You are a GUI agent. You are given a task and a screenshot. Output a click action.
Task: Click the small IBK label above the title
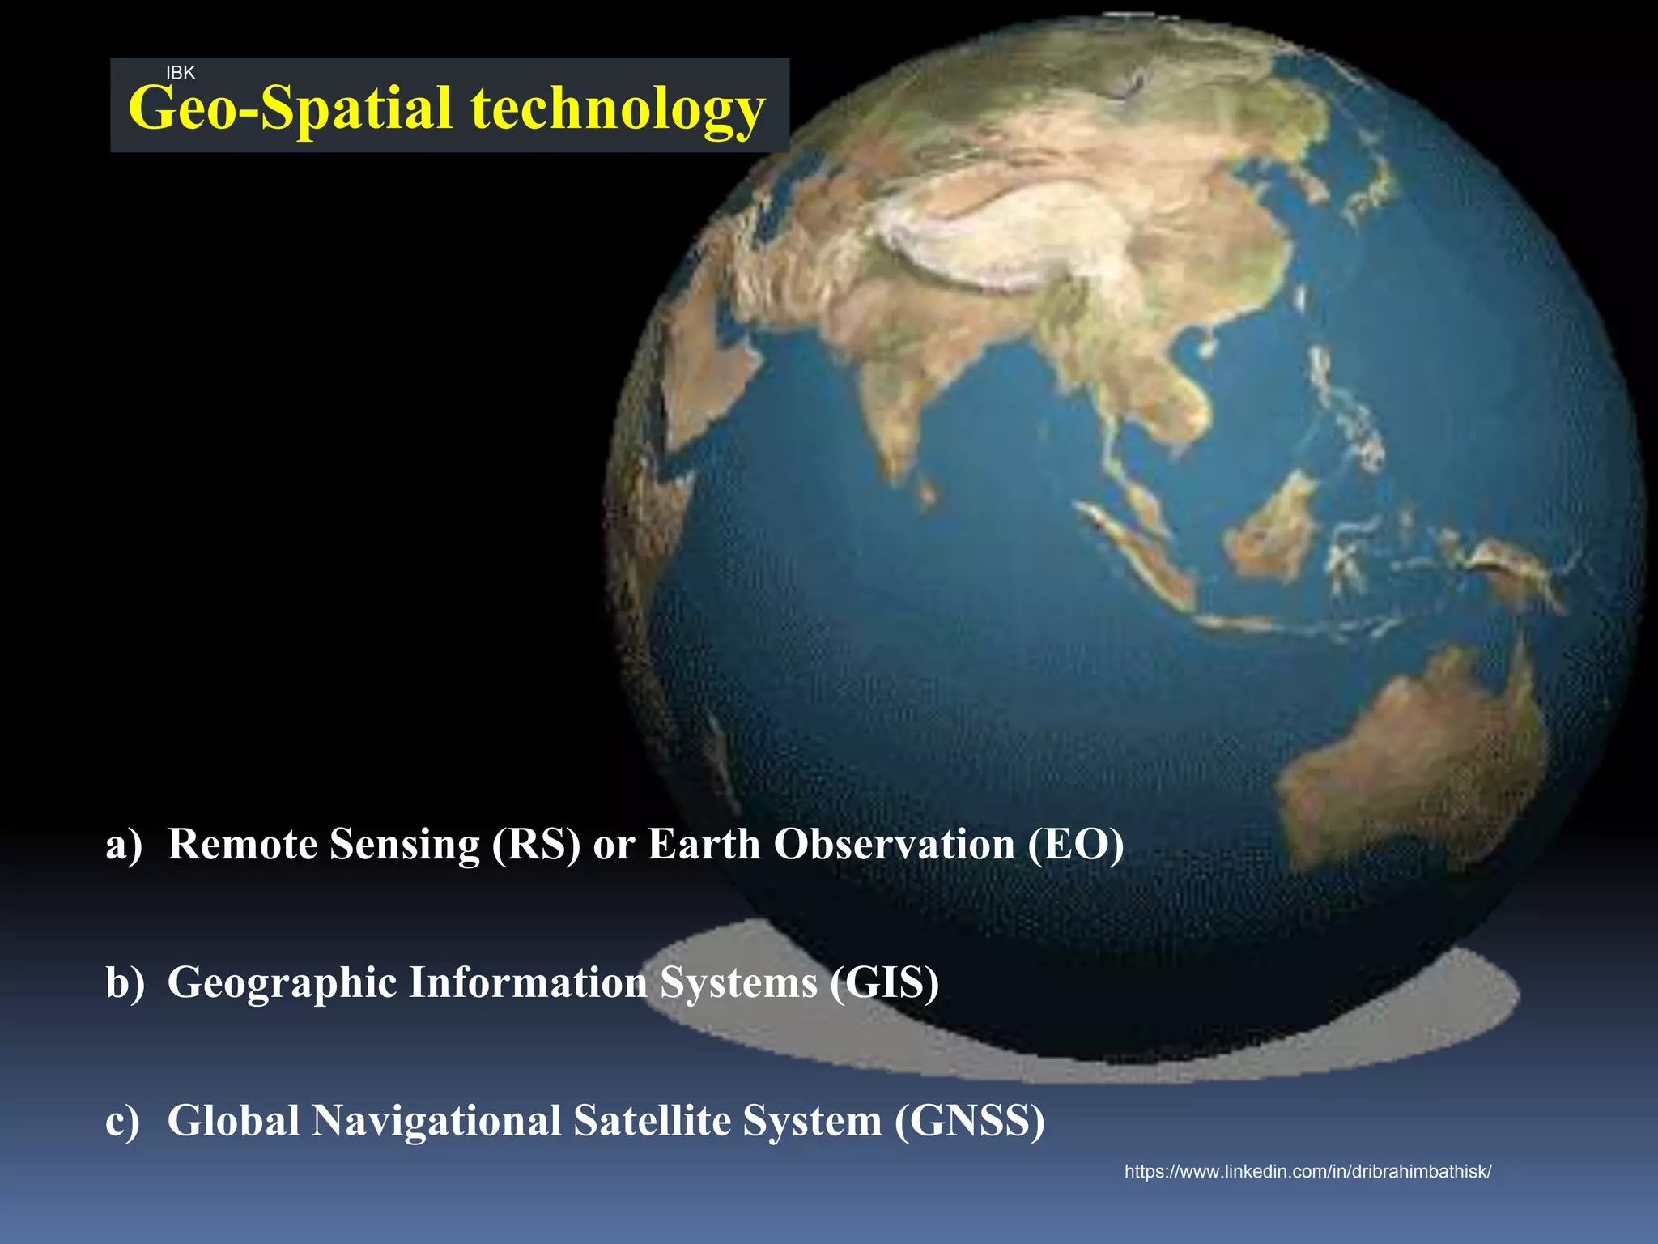tap(180, 73)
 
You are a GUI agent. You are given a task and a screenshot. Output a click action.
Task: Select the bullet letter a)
tap(124, 845)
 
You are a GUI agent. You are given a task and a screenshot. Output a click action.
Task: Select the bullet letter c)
tap(123, 1121)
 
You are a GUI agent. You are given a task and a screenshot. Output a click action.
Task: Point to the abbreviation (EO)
tap(1076, 845)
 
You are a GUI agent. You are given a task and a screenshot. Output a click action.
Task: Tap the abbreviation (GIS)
tap(884, 982)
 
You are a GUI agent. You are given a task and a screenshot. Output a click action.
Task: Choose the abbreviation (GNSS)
tap(969, 1121)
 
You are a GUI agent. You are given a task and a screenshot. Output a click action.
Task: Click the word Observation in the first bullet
tap(895, 845)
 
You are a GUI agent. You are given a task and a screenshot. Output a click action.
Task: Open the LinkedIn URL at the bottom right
tap(1307, 1171)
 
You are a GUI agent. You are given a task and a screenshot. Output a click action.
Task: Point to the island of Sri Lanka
tap(927, 489)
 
